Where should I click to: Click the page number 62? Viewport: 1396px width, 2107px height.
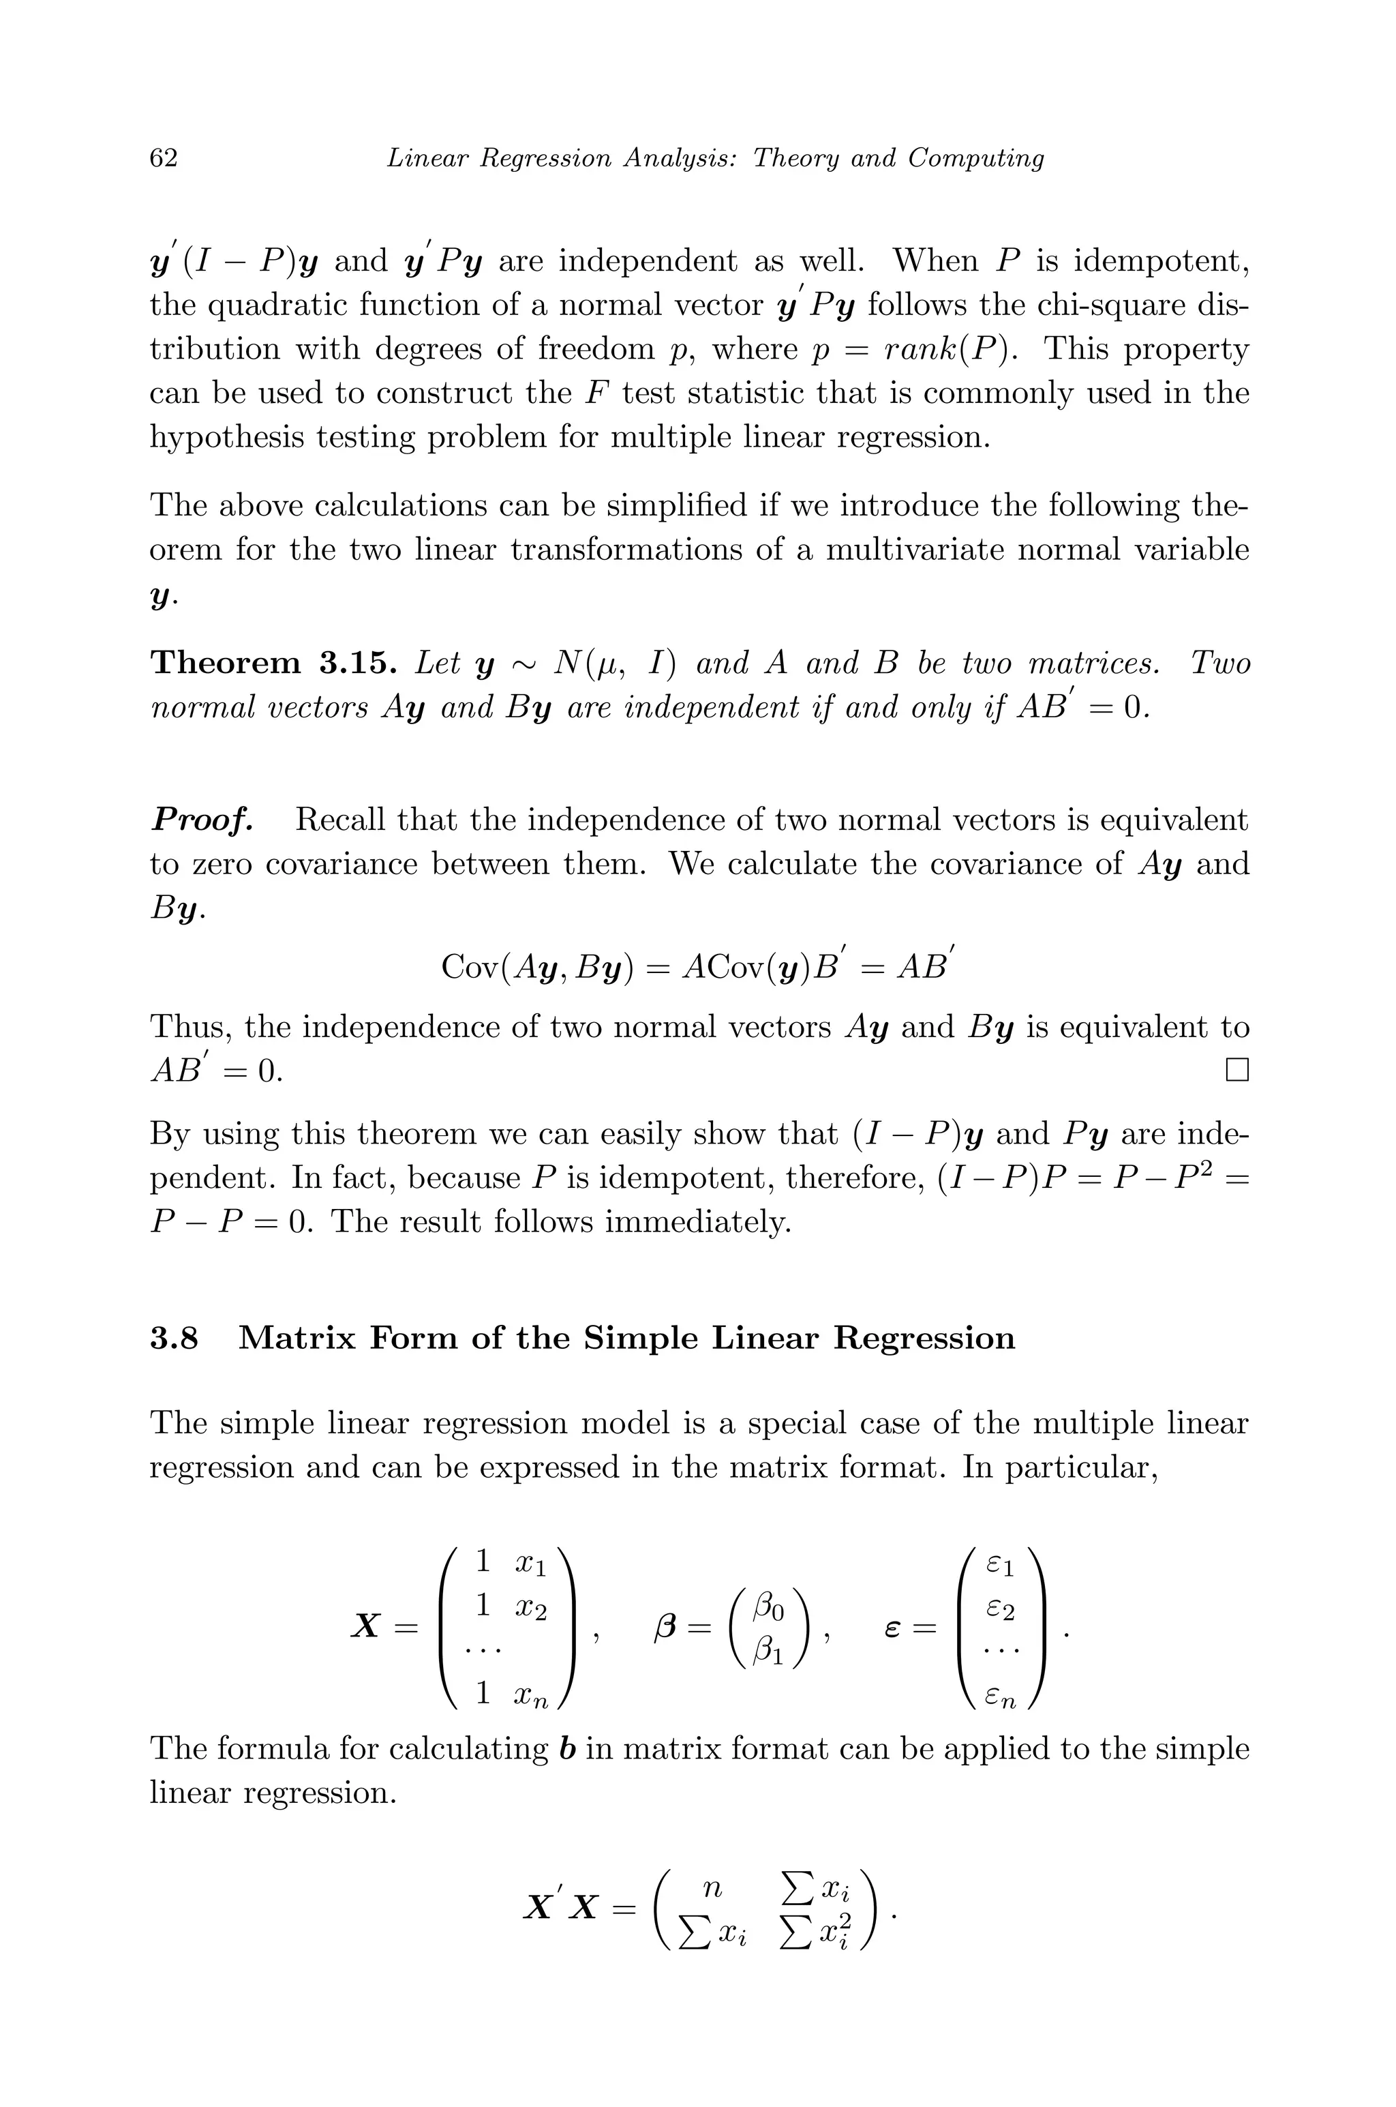coord(164,158)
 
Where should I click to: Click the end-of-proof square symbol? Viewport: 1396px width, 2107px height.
coord(1236,1070)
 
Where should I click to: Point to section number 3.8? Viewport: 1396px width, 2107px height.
coord(174,1339)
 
